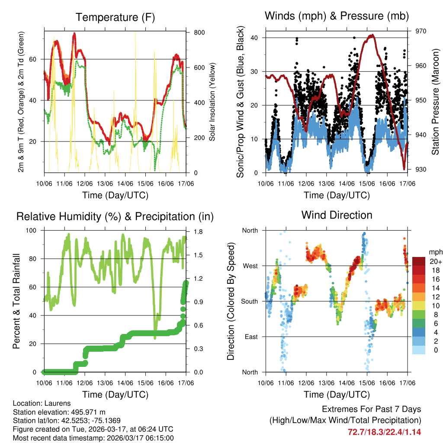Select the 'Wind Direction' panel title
337,215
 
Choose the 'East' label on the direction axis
250,337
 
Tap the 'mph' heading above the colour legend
435,252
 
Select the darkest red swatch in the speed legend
418,261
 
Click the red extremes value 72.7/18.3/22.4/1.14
384,432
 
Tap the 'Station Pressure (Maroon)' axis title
436,102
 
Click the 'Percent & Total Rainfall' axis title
17,301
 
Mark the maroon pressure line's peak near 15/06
371,35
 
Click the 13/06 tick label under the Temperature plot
105,184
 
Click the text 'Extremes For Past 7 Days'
371,409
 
